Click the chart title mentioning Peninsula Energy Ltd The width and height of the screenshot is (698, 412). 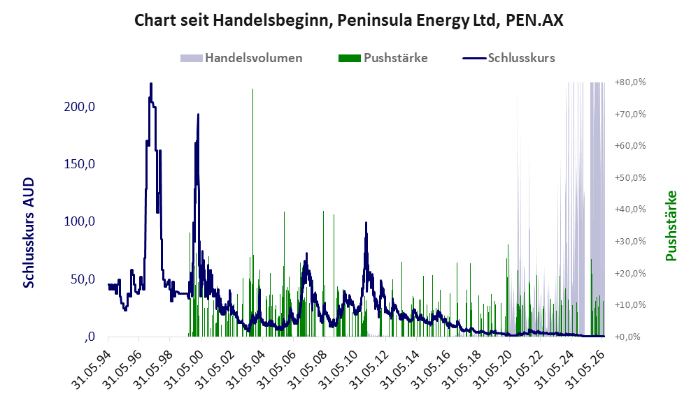(348, 20)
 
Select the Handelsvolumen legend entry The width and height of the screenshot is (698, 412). (241, 58)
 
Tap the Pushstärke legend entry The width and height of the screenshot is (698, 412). (383, 58)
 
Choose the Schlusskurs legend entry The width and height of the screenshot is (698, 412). (508, 58)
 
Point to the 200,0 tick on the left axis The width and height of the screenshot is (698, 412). (80, 107)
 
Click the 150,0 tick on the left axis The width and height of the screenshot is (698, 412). (80, 164)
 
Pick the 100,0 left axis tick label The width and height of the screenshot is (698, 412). (80, 221)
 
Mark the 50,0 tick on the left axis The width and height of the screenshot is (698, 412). (83, 279)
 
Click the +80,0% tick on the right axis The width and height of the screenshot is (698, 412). (630, 82)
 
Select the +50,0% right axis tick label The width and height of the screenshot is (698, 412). (630, 178)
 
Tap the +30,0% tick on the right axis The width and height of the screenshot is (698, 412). (630, 242)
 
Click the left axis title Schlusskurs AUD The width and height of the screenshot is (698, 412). (29, 233)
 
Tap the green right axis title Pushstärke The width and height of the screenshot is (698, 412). (671, 226)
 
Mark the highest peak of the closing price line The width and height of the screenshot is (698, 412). (151, 84)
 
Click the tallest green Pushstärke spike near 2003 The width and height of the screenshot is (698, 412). (253, 89)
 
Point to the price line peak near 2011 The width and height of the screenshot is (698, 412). (366, 223)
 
